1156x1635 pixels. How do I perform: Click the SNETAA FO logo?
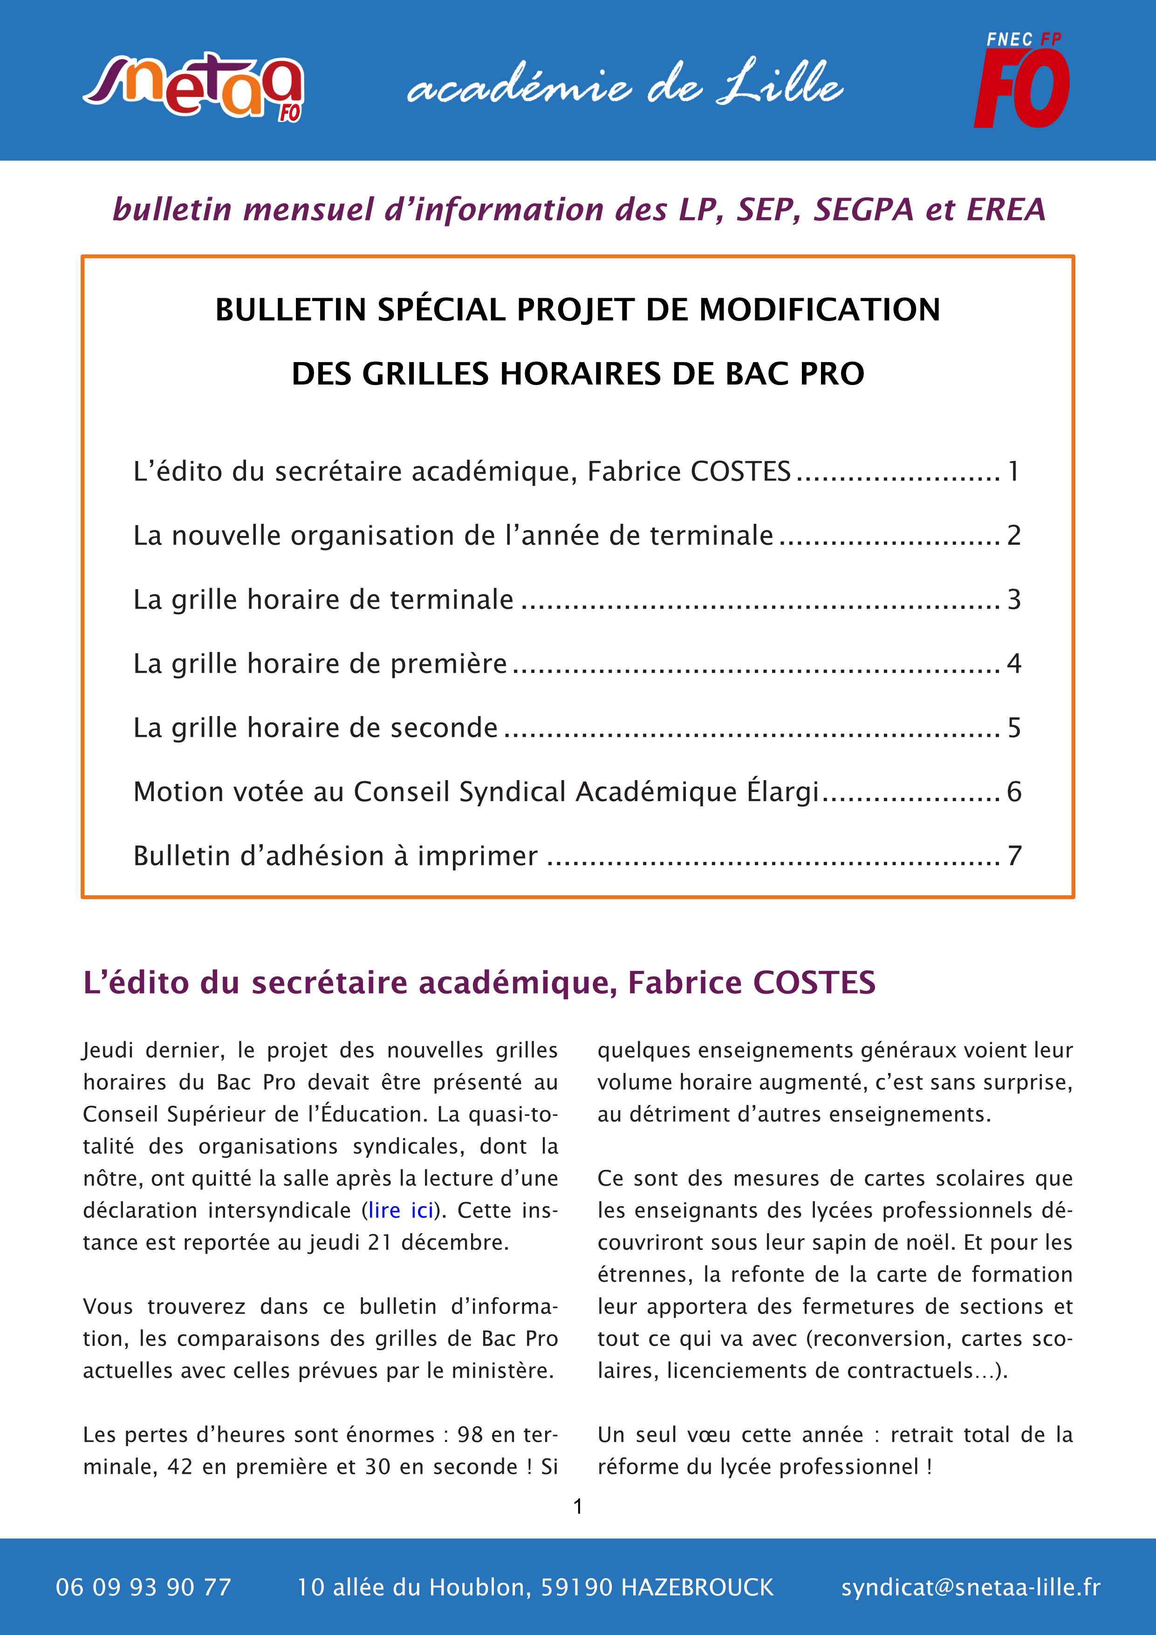click(194, 87)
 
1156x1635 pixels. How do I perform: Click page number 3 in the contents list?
click(1013, 599)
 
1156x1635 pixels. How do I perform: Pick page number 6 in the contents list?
click(1013, 792)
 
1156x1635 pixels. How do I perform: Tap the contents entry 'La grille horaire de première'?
click(320, 664)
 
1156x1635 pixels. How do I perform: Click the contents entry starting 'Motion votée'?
click(476, 792)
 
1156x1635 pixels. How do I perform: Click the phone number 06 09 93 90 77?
click(144, 1587)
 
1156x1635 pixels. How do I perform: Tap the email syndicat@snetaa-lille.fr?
click(970, 1587)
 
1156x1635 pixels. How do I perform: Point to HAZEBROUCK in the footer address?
click(697, 1587)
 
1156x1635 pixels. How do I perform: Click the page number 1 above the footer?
click(578, 1506)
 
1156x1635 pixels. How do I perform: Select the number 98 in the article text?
click(470, 1434)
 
